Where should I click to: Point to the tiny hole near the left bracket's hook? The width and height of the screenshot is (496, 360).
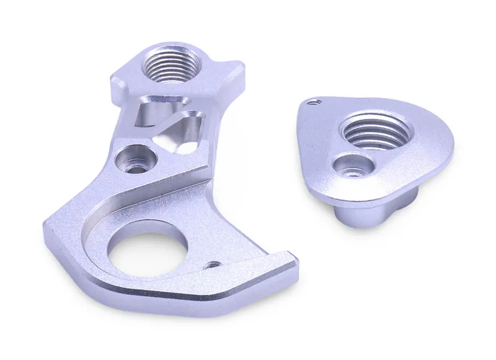[213, 265]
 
